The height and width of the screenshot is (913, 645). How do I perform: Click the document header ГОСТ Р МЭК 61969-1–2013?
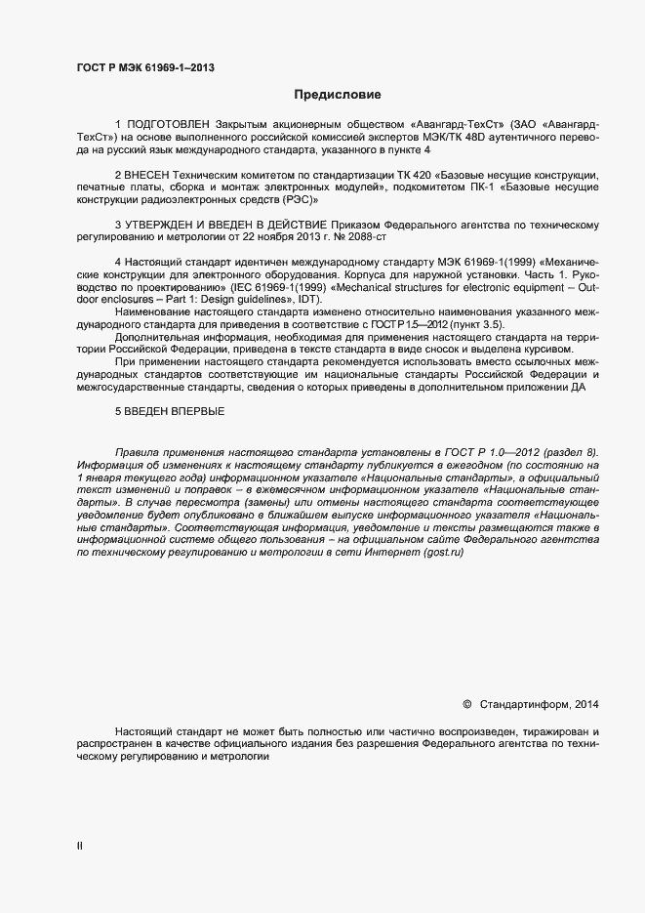coord(145,67)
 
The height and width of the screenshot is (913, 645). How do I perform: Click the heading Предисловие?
coord(331,96)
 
